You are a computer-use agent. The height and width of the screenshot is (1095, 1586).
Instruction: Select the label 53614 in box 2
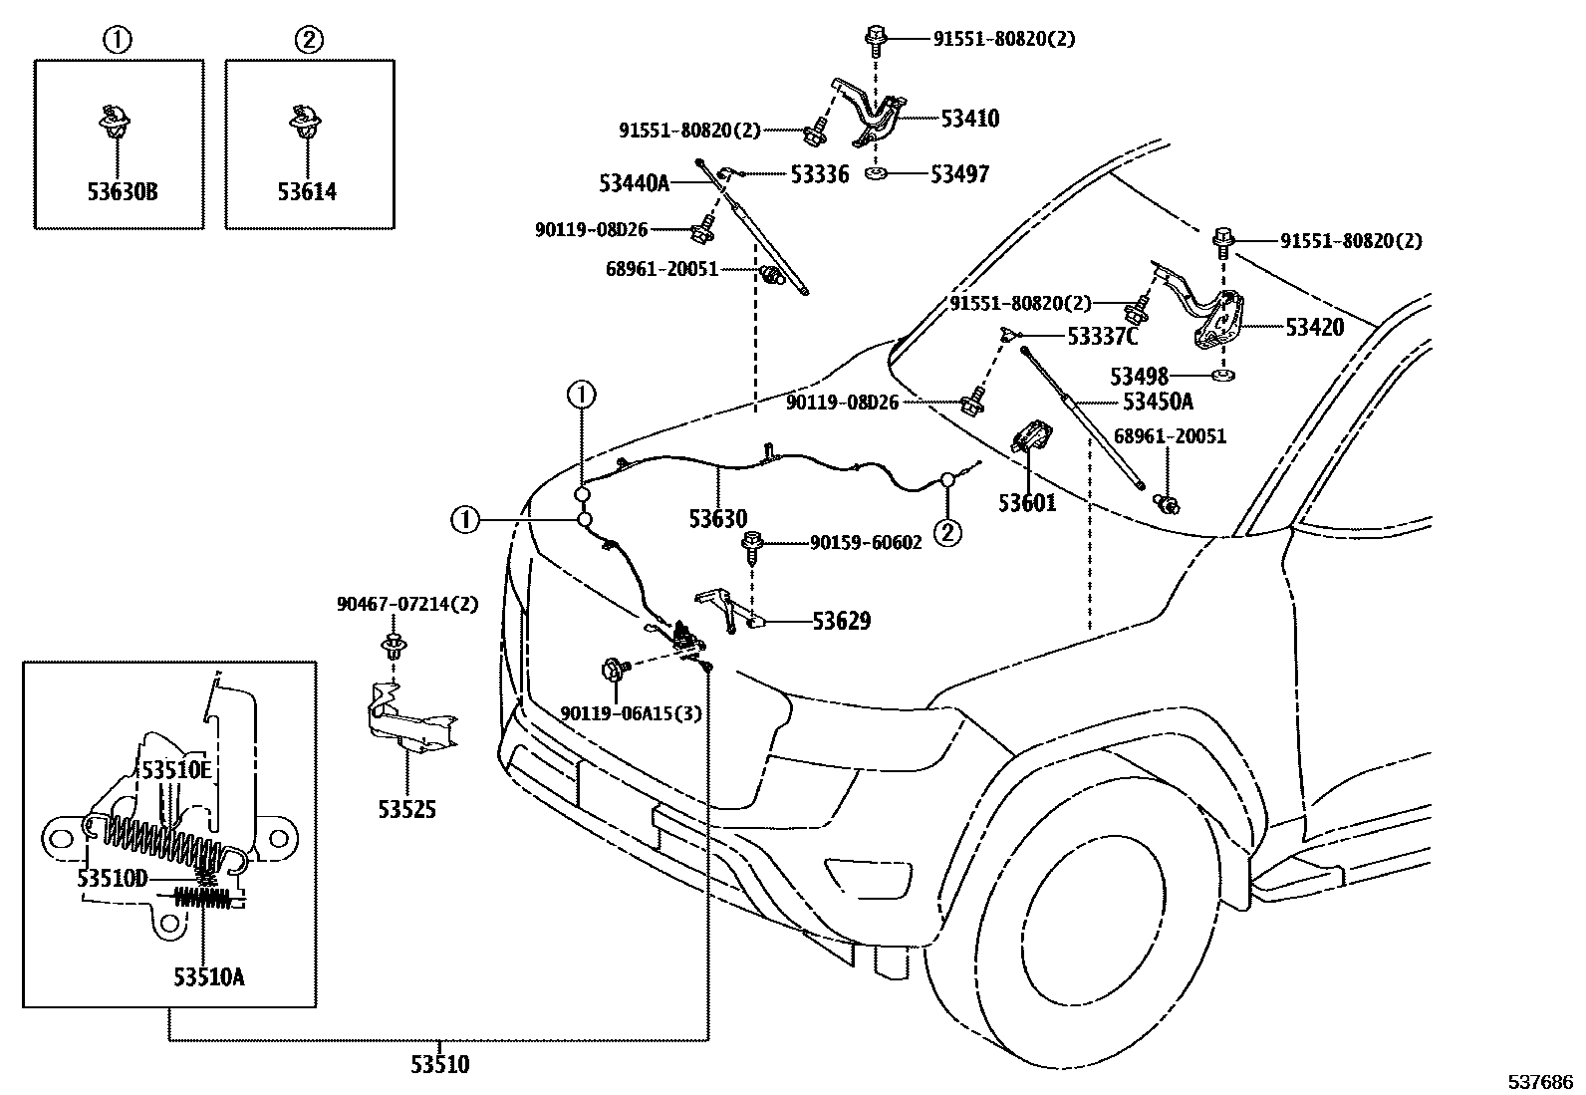tap(307, 190)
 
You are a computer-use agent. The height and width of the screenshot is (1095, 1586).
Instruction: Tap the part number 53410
tap(969, 119)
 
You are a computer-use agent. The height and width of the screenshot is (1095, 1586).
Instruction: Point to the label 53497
tap(959, 174)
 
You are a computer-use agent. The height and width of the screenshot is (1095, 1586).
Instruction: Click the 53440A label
tap(634, 183)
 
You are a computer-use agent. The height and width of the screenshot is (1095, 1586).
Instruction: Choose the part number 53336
tap(819, 174)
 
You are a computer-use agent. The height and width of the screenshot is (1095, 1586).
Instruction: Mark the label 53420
tap(1314, 327)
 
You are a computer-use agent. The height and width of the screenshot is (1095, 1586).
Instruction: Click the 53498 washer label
tap(1139, 377)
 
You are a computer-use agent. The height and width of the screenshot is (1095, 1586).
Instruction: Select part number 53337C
tap(1102, 337)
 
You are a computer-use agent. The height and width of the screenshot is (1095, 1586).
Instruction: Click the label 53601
tap(1027, 503)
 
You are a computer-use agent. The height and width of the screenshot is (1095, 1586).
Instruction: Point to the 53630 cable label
tap(717, 519)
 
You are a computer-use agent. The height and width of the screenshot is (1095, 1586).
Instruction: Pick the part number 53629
tap(841, 622)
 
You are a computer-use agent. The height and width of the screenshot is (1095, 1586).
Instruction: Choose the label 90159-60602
tap(865, 542)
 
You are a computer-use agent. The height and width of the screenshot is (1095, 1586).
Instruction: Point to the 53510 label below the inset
tap(439, 1064)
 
